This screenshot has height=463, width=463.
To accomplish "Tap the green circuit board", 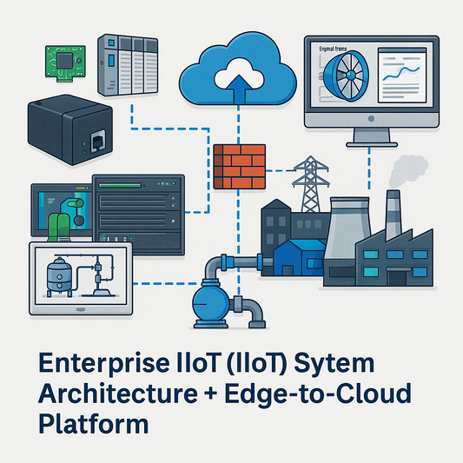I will tap(63, 58).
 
